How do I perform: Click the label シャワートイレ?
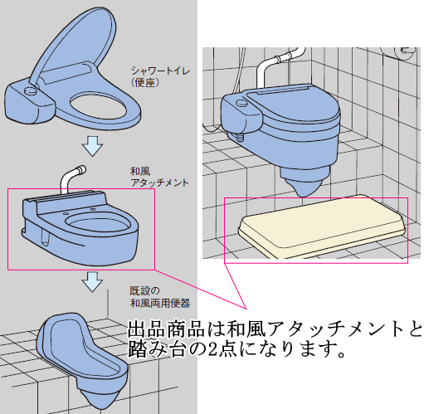click(x=160, y=71)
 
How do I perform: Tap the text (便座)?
click(x=145, y=82)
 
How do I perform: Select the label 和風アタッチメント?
click(x=159, y=177)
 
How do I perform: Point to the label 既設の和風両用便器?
click(x=160, y=297)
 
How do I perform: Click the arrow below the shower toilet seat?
click(x=92, y=146)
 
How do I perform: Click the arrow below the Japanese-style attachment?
click(x=92, y=282)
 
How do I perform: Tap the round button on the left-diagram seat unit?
click(x=30, y=90)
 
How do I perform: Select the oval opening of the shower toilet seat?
click(x=98, y=105)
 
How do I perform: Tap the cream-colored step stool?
click(x=322, y=226)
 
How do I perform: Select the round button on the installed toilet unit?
click(x=241, y=103)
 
